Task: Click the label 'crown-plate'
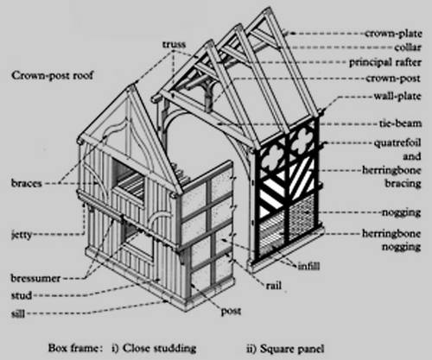pyautogui.click(x=393, y=34)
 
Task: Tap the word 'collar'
pyautogui.click(x=408, y=47)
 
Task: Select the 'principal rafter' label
pyautogui.click(x=385, y=62)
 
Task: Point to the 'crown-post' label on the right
pyautogui.click(x=393, y=79)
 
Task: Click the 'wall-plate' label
pyautogui.click(x=397, y=96)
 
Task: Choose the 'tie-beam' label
pyautogui.click(x=400, y=123)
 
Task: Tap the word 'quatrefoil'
pyautogui.click(x=397, y=143)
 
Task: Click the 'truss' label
pyautogui.click(x=174, y=44)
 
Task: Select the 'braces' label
pyautogui.click(x=27, y=183)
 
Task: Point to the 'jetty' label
pyautogui.click(x=22, y=235)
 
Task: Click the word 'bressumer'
pyautogui.click(x=35, y=278)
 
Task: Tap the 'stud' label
pyautogui.click(x=22, y=295)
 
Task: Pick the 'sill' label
pyautogui.click(x=18, y=313)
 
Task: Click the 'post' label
pyautogui.click(x=231, y=312)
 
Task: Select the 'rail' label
pyautogui.click(x=274, y=286)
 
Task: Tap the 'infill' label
pyautogui.click(x=308, y=266)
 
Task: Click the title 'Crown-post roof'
pyautogui.click(x=52, y=76)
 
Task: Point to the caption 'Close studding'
pyautogui.click(x=159, y=349)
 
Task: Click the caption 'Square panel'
pyautogui.click(x=292, y=349)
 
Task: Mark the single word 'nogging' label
pyautogui.click(x=402, y=213)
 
